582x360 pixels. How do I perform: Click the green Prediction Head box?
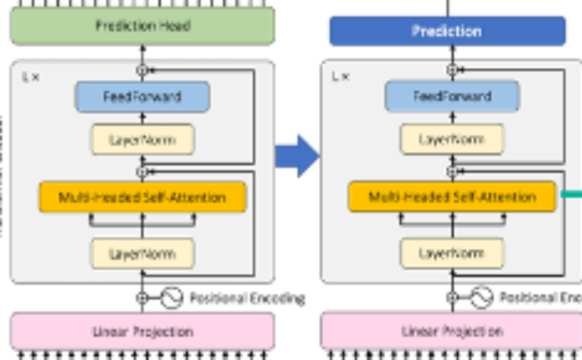142,26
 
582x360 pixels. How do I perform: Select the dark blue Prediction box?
447,30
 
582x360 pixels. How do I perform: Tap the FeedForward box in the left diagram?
142,97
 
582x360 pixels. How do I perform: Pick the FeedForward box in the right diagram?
452,96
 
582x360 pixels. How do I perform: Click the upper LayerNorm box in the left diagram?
142,140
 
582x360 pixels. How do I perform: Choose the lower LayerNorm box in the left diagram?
142,254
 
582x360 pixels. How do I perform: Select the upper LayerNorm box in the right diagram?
452,139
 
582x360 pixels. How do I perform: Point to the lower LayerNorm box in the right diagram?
452,254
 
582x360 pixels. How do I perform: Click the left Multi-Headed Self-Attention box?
142,197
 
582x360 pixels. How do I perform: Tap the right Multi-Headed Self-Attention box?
452,197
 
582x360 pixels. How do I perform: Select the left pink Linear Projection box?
143,332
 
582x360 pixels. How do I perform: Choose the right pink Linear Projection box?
452,332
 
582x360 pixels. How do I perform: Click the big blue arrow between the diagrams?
298,156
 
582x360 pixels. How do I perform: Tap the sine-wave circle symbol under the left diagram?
171,298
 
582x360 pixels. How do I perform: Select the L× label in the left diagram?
30,77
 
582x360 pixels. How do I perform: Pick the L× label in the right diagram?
340,76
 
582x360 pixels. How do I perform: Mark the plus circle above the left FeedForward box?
142,70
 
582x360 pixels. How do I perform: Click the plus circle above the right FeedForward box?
452,70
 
